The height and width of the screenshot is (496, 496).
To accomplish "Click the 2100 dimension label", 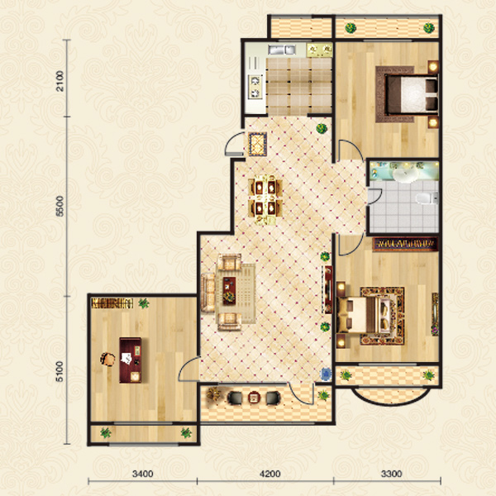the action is click(x=60, y=81).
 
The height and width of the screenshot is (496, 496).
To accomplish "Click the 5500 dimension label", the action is click(x=60, y=206).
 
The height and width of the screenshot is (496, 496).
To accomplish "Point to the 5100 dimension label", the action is click(x=60, y=371).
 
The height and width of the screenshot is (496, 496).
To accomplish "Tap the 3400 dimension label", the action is click(x=143, y=474).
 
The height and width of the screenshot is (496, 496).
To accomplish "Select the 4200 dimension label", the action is click(x=269, y=474).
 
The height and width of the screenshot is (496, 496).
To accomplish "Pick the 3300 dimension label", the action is click(x=391, y=474).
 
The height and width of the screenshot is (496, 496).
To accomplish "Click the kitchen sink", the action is click(x=282, y=50).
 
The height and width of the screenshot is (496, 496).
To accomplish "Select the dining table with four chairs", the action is click(x=265, y=199).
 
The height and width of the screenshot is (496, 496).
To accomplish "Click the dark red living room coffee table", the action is click(x=229, y=291).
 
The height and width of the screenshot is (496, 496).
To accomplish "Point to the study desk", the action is click(x=131, y=360).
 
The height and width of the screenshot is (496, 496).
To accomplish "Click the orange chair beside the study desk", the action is click(x=107, y=359).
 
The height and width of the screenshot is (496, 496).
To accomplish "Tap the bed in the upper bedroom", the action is click(x=411, y=94).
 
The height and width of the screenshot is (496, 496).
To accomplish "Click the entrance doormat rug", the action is click(x=257, y=144).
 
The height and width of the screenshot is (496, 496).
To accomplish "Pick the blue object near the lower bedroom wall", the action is click(x=326, y=374).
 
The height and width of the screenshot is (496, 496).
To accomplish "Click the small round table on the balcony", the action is click(x=254, y=398).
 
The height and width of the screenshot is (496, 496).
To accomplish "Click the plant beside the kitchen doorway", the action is click(x=322, y=128).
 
